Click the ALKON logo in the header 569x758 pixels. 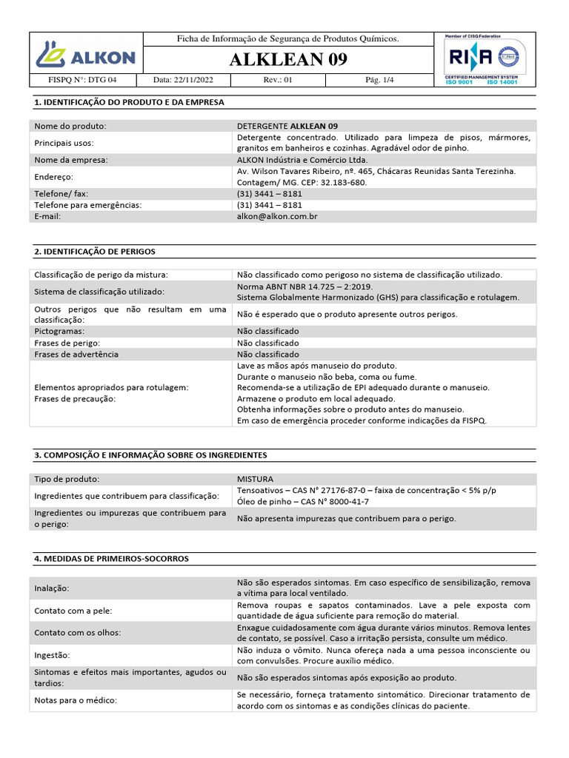[x=85, y=57]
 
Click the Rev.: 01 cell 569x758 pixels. [x=278, y=80]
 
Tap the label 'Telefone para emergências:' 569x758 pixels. [x=88, y=204]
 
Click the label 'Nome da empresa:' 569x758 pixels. [x=71, y=160]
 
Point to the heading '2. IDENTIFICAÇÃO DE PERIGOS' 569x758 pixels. [x=95, y=252]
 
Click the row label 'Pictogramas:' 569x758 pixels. [x=59, y=331]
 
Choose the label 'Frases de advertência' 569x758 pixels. [x=76, y=355]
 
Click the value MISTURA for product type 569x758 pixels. [x=255, y=479]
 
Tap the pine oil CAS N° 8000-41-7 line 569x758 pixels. [x=302, y=501]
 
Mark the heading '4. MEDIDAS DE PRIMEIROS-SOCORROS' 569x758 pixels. [x=111, y=559]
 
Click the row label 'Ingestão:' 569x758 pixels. [x=52, y=655]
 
